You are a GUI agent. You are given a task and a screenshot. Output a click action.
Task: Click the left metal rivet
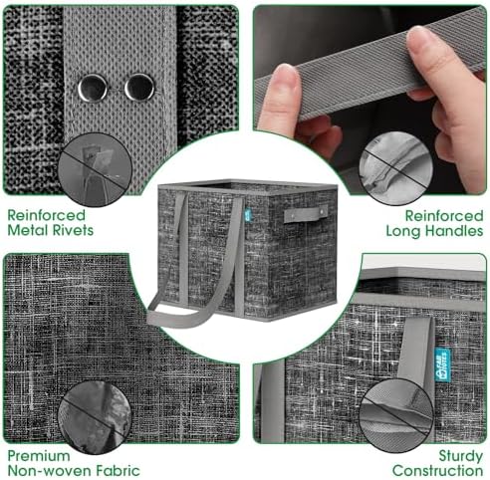click(93, 88)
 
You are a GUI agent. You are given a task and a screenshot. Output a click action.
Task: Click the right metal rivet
click(139, 88)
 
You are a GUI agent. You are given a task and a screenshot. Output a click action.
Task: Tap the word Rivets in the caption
click(72, 230)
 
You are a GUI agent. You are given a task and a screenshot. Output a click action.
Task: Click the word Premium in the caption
click(39, 456)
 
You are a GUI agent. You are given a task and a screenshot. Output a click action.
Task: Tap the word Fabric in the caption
click(118, 471)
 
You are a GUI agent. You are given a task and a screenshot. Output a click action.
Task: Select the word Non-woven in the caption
click(50, 471)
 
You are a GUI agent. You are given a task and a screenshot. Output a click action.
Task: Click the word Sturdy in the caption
click(461, 456)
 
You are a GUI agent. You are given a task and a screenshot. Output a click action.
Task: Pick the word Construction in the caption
click(437, 471)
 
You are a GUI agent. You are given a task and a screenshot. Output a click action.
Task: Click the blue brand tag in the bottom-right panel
click(442, 364)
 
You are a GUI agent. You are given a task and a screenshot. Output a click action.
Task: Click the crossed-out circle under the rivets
click(96, 169)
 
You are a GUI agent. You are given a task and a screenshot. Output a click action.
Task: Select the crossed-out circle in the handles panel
click(395, 168)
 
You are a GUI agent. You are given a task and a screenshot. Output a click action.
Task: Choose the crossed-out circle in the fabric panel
click(95, 417)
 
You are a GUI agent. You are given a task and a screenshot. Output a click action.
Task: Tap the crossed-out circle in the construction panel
click(396, 415)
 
